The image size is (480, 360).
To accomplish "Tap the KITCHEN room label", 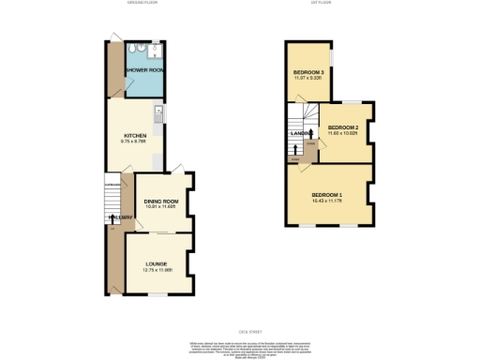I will (135, 135).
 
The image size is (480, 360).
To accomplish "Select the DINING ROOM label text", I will (160, 202).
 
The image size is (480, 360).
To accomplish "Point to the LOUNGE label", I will (156, 265).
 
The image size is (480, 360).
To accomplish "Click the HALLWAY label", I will (119, 217).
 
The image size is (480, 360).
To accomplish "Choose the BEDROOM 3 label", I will (308, 72).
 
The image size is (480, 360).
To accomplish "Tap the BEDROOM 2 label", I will (343, 127).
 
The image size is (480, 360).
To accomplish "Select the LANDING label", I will (301, 135).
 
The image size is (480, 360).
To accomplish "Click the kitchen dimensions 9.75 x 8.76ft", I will (135, 142).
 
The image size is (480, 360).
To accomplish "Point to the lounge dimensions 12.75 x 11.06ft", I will (156, 272).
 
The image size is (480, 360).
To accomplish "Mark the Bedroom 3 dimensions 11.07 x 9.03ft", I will (308, 79).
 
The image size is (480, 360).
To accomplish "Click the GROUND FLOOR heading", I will (142, 4).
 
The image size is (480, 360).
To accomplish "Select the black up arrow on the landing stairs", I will (297, 148).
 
